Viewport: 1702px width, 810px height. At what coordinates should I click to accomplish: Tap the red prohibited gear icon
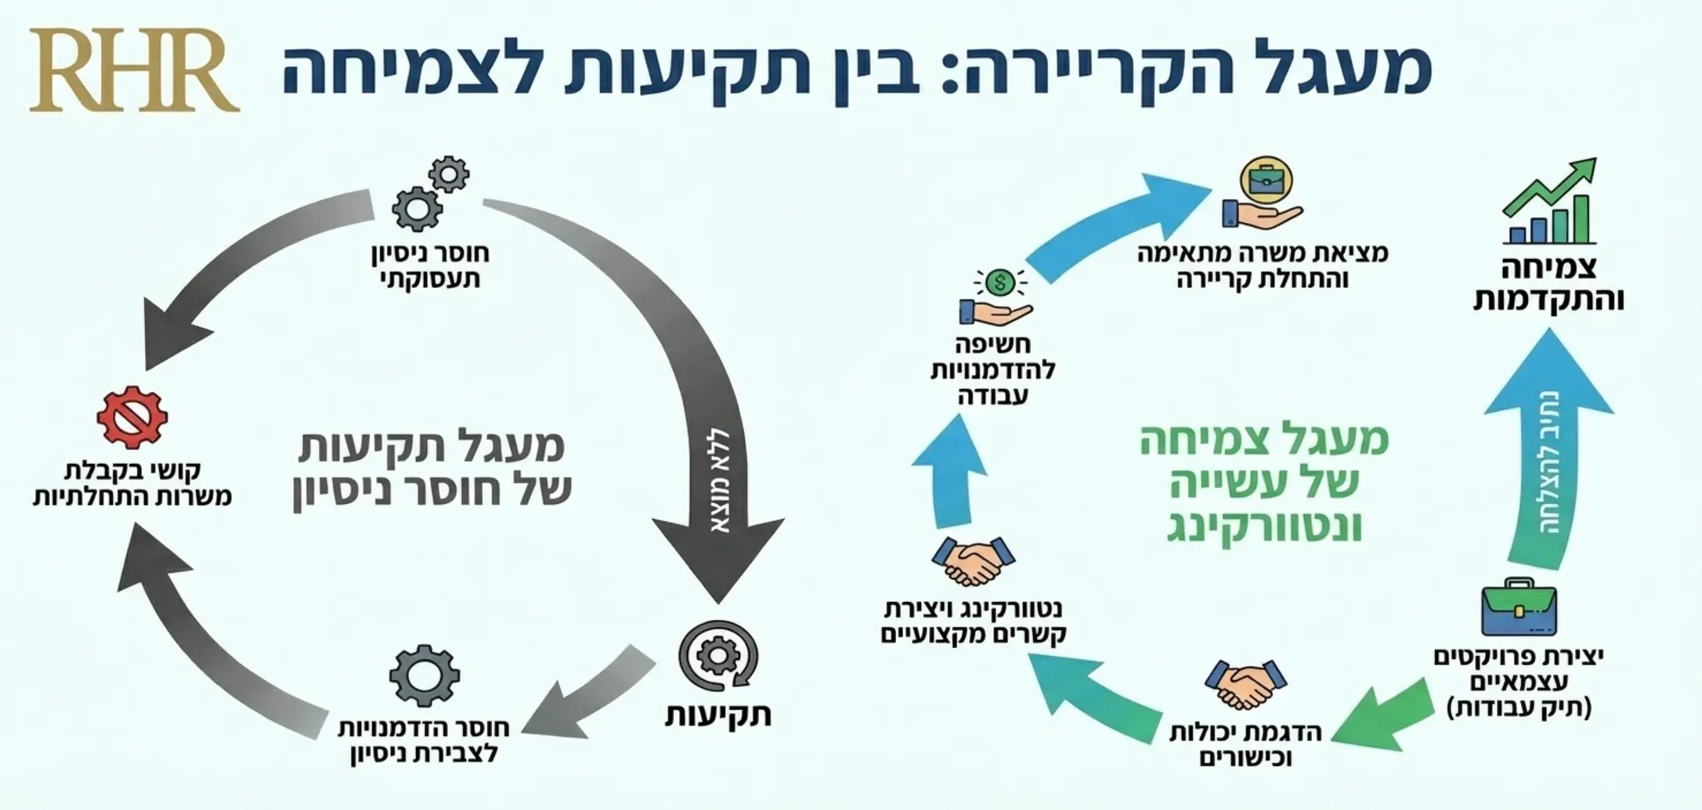132,417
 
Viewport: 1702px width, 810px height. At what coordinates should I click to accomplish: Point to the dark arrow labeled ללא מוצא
717,470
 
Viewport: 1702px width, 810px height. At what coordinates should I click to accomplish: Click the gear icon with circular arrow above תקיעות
718,656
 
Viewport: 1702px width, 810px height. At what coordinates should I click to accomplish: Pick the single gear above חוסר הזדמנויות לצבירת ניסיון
424,675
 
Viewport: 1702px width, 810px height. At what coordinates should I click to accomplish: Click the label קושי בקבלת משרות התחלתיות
132,483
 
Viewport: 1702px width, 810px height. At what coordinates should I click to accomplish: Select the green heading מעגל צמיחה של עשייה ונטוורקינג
1264,482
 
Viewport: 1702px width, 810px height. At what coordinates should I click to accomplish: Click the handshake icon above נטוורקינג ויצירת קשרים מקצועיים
973,560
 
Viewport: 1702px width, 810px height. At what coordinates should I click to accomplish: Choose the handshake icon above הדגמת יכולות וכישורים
1245,683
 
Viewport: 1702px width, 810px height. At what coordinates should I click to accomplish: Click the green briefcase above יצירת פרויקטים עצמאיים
1519,608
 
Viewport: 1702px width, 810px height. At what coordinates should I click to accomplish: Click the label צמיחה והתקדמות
1548,283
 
